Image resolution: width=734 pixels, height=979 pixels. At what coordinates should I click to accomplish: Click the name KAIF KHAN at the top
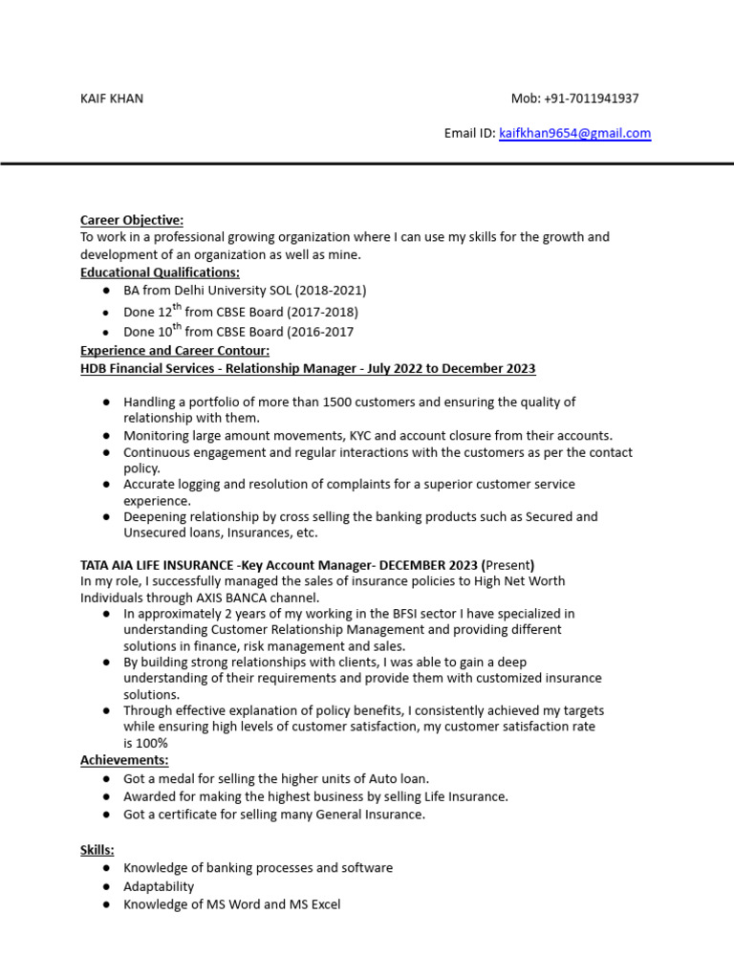pyautogui.click(x=112, y=98)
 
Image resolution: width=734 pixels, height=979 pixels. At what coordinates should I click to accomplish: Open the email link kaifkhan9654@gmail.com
pyautogui.click(x=574, y=134)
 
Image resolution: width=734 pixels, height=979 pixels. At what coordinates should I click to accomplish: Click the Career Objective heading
pyautogui.click(x=131, y=221)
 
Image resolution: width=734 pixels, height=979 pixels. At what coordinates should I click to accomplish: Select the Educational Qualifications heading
pyautogui.click(x=160, y=272)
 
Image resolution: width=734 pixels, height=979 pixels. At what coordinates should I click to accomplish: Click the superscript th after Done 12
pyautogui.click(x=176, y=307)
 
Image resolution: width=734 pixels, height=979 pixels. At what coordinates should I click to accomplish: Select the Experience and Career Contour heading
pyautogui.click(x=175, y=350)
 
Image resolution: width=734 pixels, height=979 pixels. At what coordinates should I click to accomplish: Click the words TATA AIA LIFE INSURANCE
pyautogui.click(x=157, y=565)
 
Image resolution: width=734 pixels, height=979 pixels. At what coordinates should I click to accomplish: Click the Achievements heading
pyautogui.click(x=124, y=760)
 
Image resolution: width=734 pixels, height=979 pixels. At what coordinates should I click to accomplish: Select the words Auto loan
pyautogui.click(x=398, y=779)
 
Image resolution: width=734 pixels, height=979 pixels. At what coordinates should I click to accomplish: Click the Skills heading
pyautogui.click(x=97, y=850)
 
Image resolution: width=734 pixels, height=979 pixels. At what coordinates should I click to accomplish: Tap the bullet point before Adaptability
pyautogui.click(x=106, y=886)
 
